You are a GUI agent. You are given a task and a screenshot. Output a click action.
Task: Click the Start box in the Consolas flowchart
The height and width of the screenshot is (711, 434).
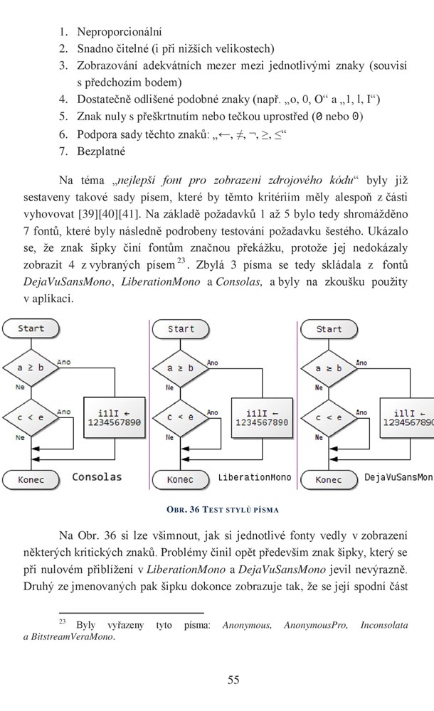(x=31, y=328)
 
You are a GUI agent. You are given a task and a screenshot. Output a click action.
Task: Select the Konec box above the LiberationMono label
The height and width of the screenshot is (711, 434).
(x=180, y=480)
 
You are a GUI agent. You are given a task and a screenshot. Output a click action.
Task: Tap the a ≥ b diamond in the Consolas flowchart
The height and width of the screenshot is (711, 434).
(x=31, y=368)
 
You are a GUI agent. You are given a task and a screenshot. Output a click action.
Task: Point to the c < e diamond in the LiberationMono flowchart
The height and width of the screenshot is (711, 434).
(x=180, y=417)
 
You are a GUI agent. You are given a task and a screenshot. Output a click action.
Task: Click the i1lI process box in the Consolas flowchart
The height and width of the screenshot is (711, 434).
(x=115, y=417)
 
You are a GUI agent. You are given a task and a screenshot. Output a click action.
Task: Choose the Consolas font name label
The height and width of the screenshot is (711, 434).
(x=97, y=477)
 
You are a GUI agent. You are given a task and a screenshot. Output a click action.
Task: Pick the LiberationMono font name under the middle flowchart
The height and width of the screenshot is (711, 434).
(x=255, y=478)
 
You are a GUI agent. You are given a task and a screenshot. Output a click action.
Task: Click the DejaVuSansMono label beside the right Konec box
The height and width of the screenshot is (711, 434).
(x=398, y=478)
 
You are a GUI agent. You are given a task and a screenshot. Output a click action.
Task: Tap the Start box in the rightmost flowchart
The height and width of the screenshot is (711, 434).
(x=329, y=329)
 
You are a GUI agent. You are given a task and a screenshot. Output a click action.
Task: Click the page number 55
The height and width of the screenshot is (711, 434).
(x=233, y=680)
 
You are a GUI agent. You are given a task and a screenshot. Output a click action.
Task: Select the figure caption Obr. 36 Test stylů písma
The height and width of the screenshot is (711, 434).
(x=223, y=510)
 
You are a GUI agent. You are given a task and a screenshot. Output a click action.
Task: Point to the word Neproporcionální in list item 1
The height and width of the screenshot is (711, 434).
(x=120, y=32)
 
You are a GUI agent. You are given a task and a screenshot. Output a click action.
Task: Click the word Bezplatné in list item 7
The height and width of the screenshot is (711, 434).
(x=101, y=151)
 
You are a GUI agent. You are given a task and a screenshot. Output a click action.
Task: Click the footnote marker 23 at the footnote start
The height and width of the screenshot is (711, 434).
(x=62, y=621)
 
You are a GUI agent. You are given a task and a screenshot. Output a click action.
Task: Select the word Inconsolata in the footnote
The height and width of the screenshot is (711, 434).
(x=384, y=625)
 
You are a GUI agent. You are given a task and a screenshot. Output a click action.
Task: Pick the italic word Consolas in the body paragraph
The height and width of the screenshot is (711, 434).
(x=239, y=282)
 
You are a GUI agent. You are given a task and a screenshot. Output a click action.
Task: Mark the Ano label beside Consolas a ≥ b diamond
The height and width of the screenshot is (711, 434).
(x=64, y=363)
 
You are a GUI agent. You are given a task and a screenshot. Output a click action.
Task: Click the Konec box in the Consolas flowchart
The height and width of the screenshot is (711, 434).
(x=31, y=480)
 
